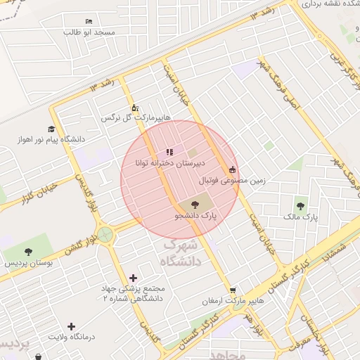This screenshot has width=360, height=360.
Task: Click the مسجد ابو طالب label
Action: click(89, 32)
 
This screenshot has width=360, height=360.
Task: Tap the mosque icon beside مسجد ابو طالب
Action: click(88, 22)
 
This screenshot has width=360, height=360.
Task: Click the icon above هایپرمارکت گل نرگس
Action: click(135, 108)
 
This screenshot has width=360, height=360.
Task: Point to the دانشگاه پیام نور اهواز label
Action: click(53, 139)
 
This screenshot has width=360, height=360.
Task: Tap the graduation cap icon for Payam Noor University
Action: click(51, 129)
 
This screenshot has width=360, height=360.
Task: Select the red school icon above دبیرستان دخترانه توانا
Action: click(169, 152)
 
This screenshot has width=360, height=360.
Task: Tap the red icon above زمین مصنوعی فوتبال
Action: click(233, 169)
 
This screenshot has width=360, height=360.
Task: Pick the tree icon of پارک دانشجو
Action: click(195, 205)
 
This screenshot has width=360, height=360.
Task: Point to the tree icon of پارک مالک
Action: click(301, 206)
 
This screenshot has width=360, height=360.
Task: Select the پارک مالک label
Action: click(301, 217)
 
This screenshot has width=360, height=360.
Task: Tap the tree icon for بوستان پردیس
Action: click(28, 252)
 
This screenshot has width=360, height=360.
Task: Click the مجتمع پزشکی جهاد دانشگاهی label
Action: click(133, 294)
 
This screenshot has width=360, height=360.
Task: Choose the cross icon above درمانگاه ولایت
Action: click(71, 326)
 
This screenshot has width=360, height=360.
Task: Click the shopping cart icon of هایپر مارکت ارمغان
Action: click(233, 290)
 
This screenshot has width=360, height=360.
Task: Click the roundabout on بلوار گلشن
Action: click(105, 234)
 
